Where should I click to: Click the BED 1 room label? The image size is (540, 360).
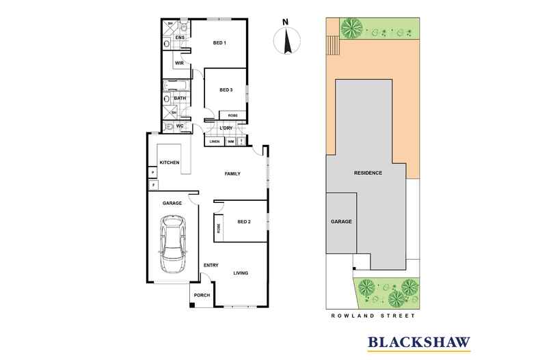pos(220,43)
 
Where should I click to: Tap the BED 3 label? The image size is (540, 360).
pos(226,90)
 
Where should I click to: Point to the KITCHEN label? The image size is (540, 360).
pos(170,163)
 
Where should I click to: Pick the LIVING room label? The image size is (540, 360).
pos(239,273)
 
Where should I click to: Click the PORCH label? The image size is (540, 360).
pos(201,295)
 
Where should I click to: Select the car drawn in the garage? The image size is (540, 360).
pos(173,244)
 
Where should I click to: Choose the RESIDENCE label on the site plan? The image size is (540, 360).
pos(368,173)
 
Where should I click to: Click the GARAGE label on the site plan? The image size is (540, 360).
pos(341,222)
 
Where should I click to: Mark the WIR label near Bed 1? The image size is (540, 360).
pos(180,63)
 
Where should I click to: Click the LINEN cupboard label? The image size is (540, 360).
pos(215,141)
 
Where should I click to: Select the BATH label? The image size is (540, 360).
pos(180,98)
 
